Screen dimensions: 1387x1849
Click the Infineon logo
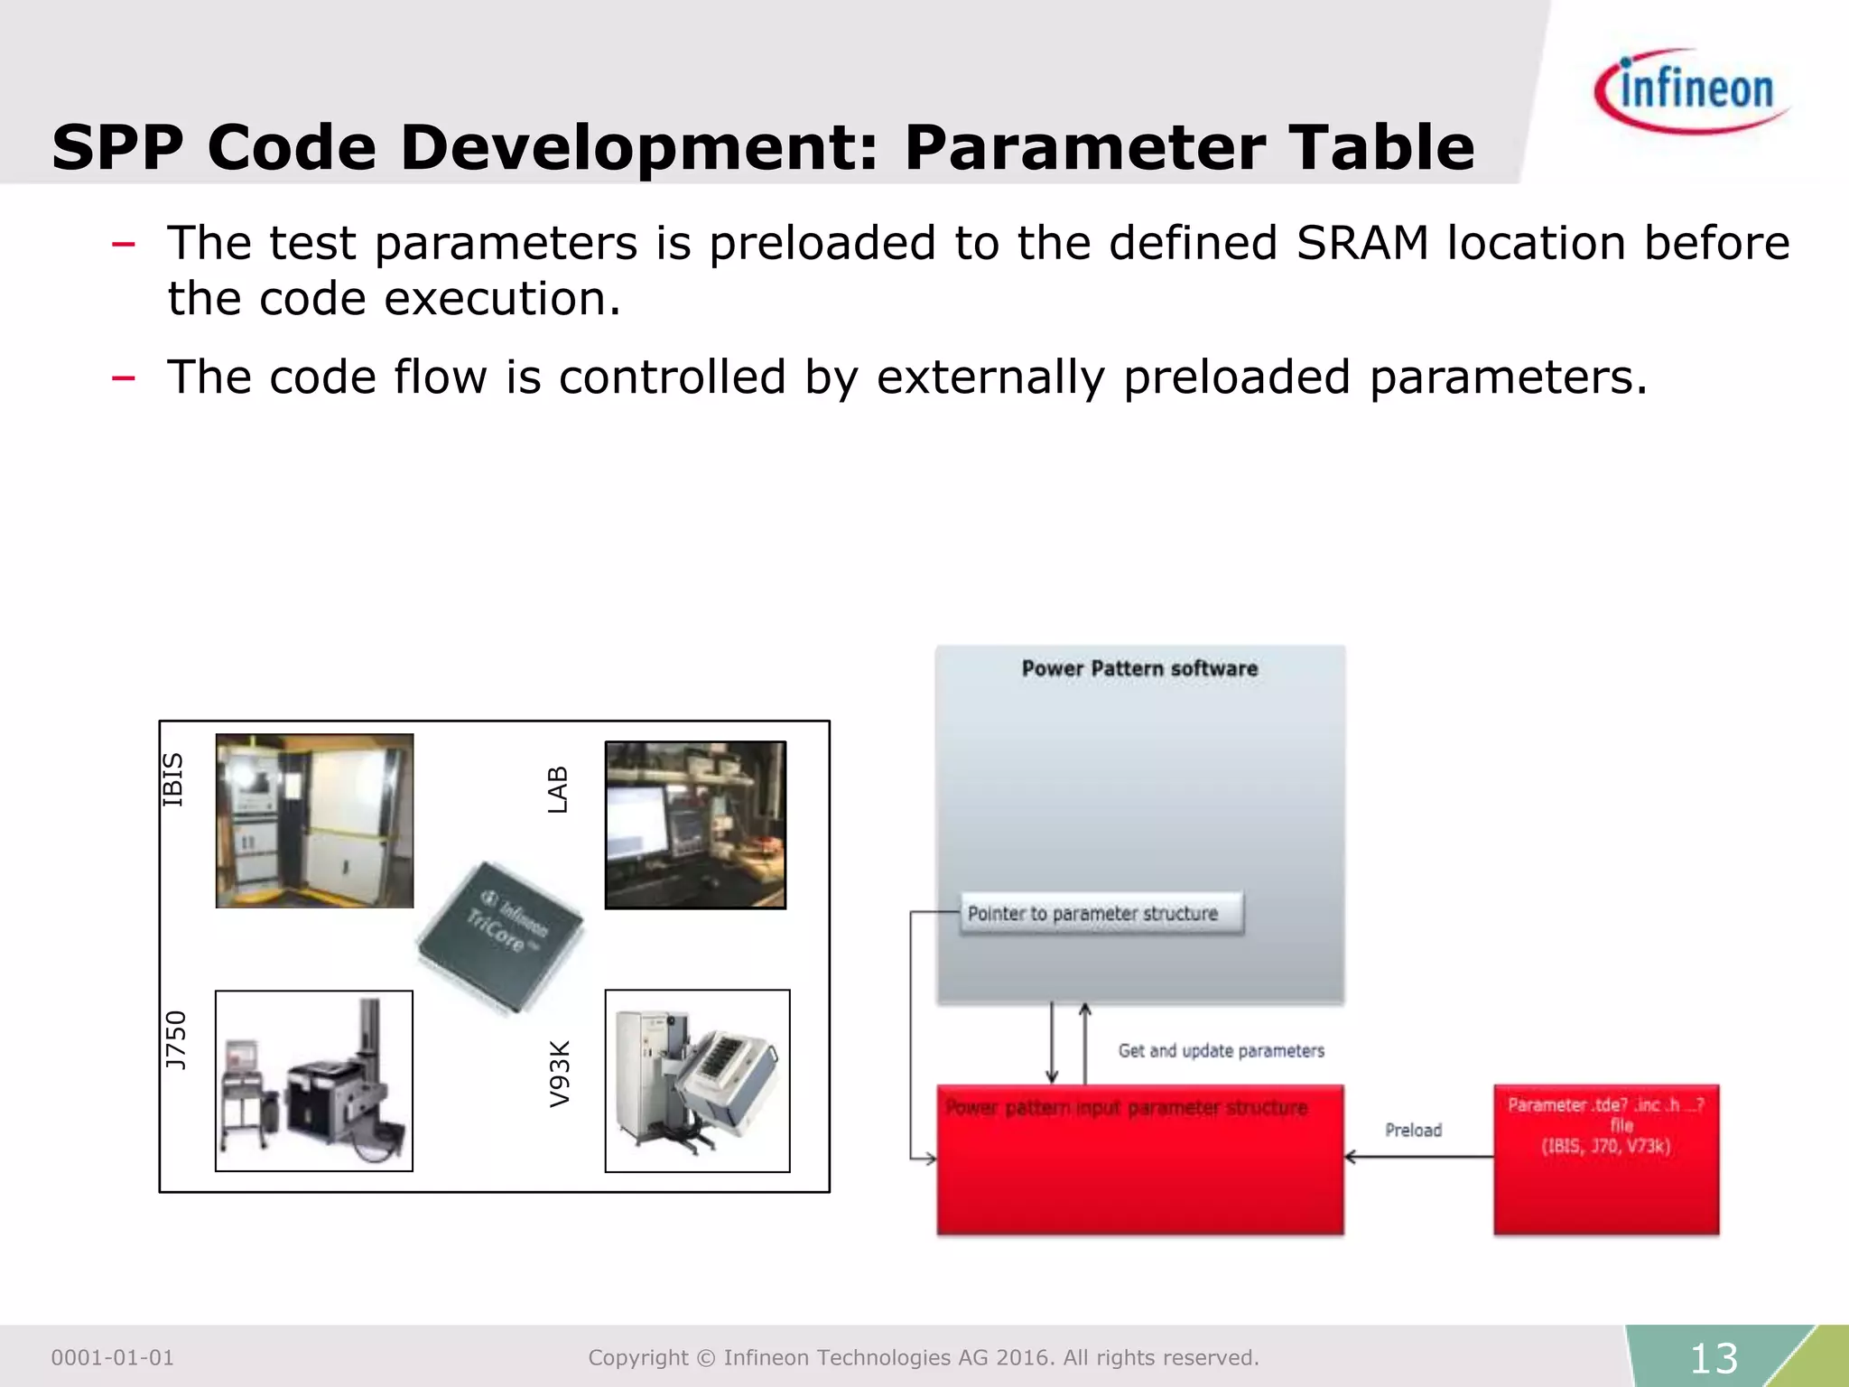point(1693,91)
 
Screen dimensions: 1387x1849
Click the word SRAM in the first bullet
point(1362,243)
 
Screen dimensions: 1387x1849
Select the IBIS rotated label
point(172,779)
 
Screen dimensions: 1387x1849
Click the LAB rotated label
point(558,789)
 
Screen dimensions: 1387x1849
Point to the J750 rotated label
point(175,1039)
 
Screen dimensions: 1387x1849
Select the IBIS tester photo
point(314,820)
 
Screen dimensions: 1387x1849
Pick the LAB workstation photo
point(695,824)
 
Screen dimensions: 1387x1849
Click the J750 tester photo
point(314,1080)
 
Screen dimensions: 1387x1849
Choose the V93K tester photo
point(697,1080)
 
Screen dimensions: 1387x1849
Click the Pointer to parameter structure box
point(1101,913)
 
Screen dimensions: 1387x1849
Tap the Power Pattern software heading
point(1139,668)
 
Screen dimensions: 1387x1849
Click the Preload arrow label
point(1413,1130)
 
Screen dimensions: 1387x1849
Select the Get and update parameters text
point(1221,1050)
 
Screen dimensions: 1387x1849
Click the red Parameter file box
point(1605,1159)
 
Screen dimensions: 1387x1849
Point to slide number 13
point(1713,1358)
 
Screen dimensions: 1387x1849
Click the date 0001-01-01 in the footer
point(112,1357)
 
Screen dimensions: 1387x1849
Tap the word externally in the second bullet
point(990,377)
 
